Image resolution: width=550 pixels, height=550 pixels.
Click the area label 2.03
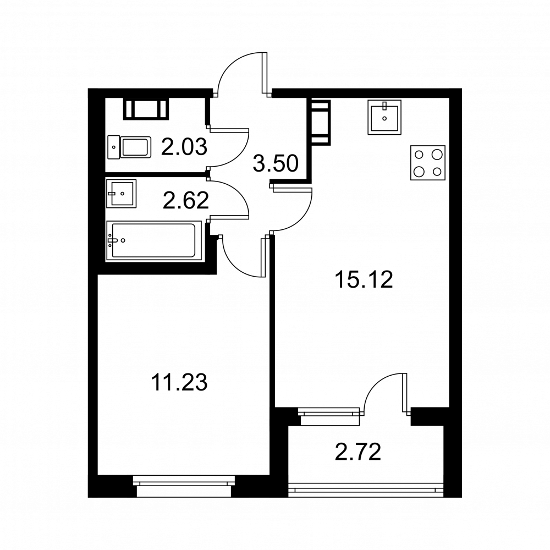coord(184,147)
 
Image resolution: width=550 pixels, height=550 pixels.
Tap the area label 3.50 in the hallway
coord(276,163)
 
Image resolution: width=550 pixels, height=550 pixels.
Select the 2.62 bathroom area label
coord(185,201)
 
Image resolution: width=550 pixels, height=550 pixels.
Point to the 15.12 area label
coord(364,279)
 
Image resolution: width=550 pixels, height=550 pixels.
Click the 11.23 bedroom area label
coord(179,382)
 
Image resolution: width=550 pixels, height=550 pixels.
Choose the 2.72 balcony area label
coord(358,452)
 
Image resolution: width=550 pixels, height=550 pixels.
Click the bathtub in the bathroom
coord(154,241)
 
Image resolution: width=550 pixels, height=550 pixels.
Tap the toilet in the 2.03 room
coord(129,147)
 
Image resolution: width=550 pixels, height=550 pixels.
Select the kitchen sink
coord(384,117)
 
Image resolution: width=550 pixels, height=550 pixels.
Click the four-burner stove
coord(428,163)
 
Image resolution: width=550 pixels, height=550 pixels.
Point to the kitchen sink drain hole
coord(384,119)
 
